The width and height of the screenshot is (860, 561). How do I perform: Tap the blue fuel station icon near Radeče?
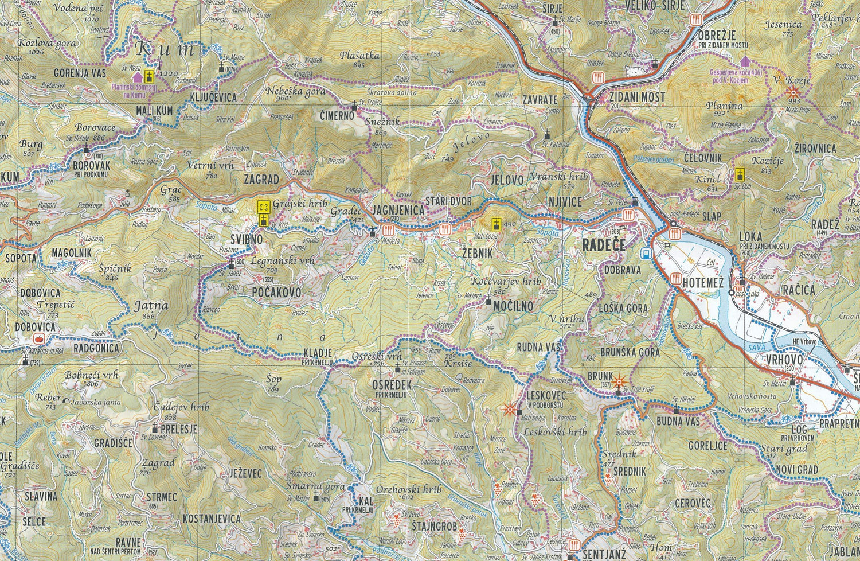click(x=647, y=252)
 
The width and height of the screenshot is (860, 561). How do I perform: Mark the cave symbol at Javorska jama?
click(x=67, y=402)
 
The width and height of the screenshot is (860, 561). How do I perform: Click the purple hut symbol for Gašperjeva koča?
click(x=745, y=61)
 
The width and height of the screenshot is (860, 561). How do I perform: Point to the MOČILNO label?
click(x=513, y=306)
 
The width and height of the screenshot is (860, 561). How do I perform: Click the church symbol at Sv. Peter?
click(x=635, y=202)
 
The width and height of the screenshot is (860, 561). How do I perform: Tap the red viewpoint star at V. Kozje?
click(x=793, y=92)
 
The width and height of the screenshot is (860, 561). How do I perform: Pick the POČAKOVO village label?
click(x=276, y=293)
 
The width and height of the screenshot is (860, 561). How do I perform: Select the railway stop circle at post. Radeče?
click(x=674, y=224)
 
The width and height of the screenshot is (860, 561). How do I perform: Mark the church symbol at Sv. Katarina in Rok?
click(x=25, y=361)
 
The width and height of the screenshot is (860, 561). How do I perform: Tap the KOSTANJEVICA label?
click(x=210, y=519)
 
